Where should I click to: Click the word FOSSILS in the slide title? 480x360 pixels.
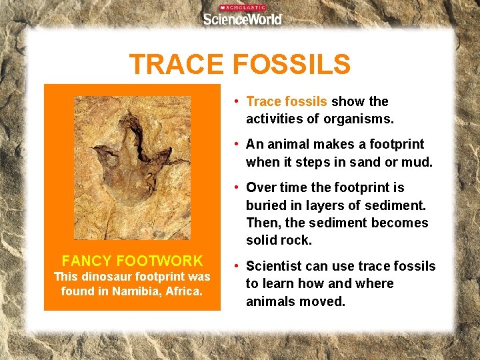[x=291, y=65]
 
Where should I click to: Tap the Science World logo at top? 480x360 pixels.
[x=242, y=18]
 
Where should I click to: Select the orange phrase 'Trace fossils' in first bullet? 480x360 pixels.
[x=287, y=101]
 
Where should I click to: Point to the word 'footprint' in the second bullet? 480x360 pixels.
[x=396, y=144]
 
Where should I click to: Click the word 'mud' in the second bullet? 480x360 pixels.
[x=418, y=162]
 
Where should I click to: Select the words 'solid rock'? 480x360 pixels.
[x=279, y=240]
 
